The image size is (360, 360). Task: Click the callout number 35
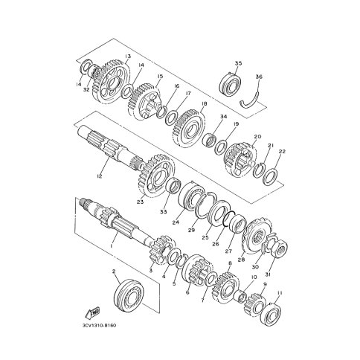point(238,63)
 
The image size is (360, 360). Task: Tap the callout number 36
point(259,77)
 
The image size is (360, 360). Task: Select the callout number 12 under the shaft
point(99,176)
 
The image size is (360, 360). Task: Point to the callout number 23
point(141,202)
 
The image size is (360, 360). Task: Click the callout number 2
point(114,271)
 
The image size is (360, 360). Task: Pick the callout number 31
point(268,274)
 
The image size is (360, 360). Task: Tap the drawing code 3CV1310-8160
point(99,332)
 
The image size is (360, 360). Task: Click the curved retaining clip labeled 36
point(250,102)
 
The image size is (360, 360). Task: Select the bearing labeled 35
point(231,85)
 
